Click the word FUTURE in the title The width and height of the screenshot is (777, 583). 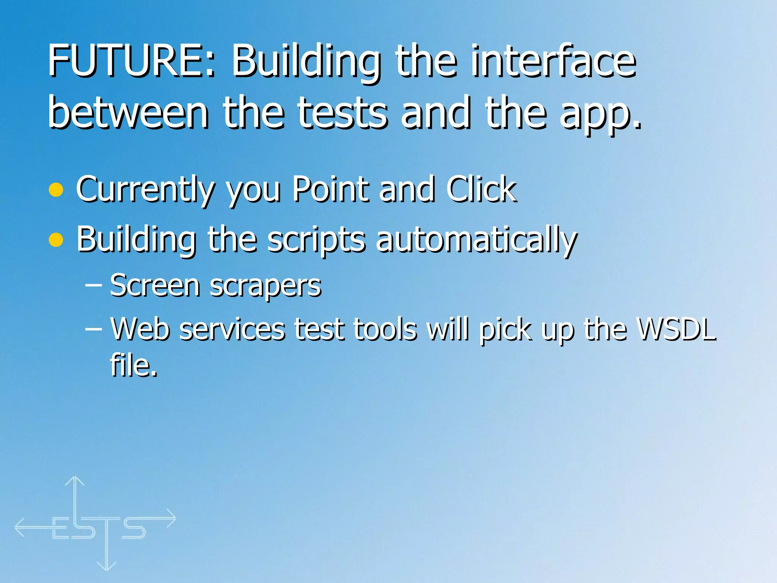pyautogui.click(x=131, y=61)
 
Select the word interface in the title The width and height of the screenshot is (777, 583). pyautogui.click(x=554, y=61)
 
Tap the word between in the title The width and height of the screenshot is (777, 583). pyautogui.click(x=128, y=112)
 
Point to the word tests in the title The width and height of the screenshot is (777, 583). pyautogui.click(x=342, y=112)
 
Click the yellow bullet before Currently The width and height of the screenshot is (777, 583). pyautogui.click(x=56, y=190)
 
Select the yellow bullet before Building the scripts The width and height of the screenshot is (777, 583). pyautogui.click(x=56, y=240)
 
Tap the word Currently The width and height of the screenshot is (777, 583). pyautogui.click(x=146, y=190)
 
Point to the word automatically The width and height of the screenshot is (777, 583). pyautogui.click(x=477, y=240)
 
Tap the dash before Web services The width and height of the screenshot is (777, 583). pyautogui.click(x=93, y=329)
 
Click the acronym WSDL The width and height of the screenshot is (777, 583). pyautogui.click(x=676, y=328)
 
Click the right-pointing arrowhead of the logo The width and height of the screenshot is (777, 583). pyautogui.click(x=171, y=518)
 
